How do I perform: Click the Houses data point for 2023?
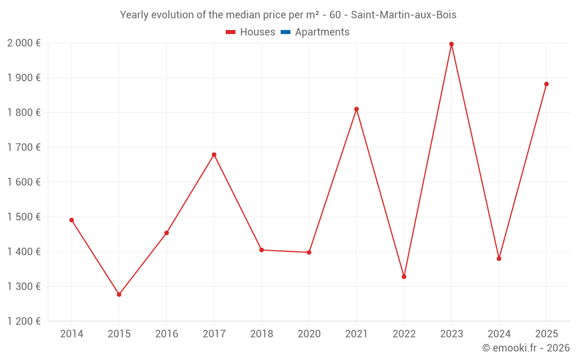click(452, 44)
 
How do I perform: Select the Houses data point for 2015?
click(119, 294)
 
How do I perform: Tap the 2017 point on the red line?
click(214, 154)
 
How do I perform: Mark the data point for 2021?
click(357, 109)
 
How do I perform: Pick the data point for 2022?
click(404, 276)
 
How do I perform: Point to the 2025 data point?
click(547, 84)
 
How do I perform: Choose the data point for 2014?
click(71, 220)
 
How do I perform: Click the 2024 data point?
click(499, 259)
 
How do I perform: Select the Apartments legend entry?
click(322, 32)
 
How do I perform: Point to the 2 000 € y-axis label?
click(24, 43)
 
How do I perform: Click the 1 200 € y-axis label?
click(24, 321)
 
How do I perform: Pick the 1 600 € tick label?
click(24, 182)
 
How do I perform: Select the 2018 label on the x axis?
click(262, 334)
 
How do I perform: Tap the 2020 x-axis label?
click(309, 334)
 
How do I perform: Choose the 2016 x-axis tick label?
click(166, 334)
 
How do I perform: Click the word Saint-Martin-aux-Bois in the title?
click(404, 15)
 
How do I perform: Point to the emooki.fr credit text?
click(526, 348)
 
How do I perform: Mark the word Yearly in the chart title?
click(134, 15)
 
